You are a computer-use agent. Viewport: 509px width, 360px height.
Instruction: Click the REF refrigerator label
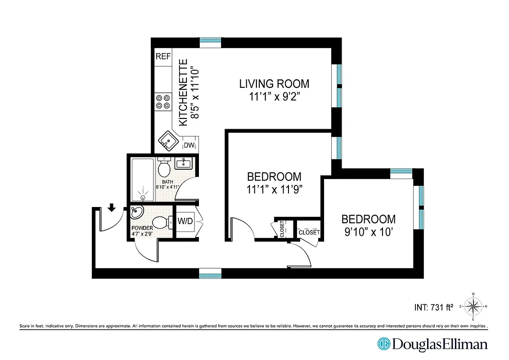point(163,56)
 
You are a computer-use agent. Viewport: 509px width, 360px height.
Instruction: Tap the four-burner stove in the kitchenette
point(163,101)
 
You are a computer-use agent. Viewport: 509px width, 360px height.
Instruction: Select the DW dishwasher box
point(189,145)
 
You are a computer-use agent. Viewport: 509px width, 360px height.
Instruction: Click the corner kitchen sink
point(167,142)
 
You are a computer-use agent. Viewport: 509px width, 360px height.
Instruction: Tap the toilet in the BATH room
point(164,168)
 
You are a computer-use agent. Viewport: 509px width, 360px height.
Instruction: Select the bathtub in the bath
point(143,179)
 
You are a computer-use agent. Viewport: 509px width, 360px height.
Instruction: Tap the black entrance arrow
point(112,207)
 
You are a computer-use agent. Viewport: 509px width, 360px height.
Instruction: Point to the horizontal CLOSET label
point(309,233)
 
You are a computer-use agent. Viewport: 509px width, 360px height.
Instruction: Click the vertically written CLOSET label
point(282,229)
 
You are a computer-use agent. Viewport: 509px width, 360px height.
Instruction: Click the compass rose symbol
point(473,306)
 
